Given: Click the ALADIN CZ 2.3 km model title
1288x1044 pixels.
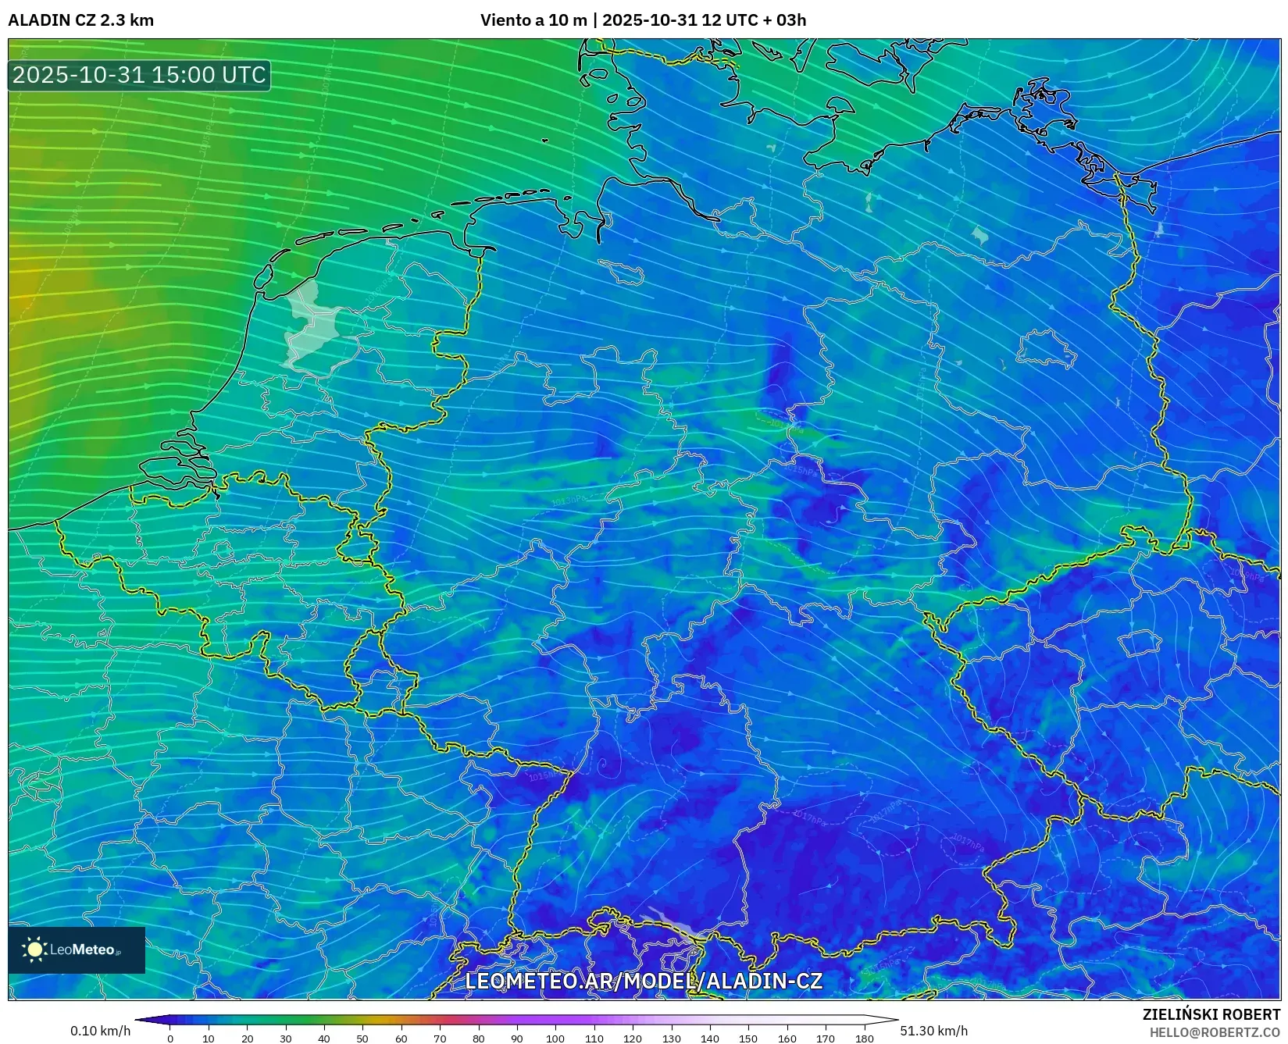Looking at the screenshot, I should tap(80, 20).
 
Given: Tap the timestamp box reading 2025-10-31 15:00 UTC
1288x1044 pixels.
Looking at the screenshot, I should tap(139, 75).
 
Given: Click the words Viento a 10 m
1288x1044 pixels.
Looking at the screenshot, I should tap(533, 20).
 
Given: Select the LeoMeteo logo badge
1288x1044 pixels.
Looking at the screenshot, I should tap(77, 950).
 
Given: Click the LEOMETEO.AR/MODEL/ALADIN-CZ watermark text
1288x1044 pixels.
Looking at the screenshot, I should tap(644, 981).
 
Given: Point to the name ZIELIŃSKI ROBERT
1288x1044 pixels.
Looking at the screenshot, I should tap(1211, 1015).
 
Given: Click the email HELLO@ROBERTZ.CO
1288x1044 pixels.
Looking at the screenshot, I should tap(1215, 1032).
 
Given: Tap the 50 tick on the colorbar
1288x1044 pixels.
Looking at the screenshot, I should tap(362, 1039).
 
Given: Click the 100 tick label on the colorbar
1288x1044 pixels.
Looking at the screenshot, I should tap(555, 1039).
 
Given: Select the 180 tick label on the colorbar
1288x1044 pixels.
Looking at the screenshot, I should tap(864, 1039).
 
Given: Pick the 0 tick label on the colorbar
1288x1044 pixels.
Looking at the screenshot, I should tap(170, 1039).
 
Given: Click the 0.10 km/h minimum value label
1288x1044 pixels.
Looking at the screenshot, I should tap(100, 1031).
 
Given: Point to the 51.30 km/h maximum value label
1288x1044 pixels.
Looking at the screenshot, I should tap(933, 1031).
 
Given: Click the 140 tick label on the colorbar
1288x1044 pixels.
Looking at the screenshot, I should tap(709, 1039).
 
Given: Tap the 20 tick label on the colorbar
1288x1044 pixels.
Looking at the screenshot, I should tap(247, 1039).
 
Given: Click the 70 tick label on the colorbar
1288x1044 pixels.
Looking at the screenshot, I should tap(440, 1039).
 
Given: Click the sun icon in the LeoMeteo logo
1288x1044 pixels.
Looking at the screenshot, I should tap(35, 950).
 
